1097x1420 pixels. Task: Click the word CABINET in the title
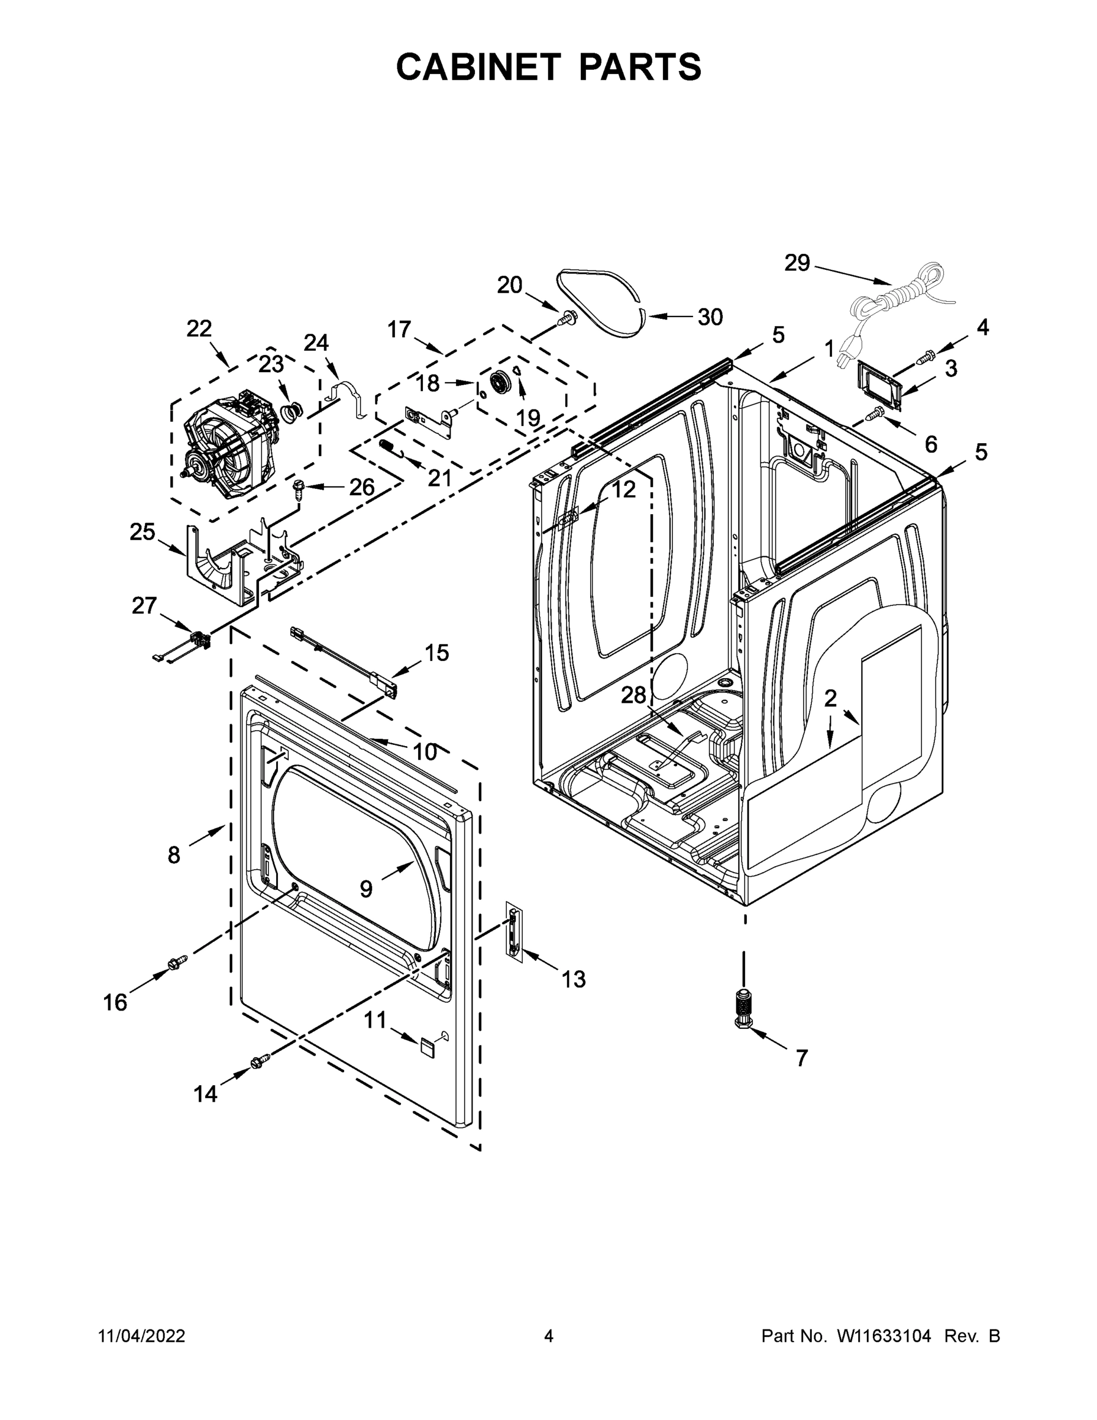pyautogui.click(x=478, y=67)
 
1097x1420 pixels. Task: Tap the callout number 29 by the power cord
pyautogui.click(x=797, y=263)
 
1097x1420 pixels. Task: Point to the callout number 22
pyautogui.click(x=199, y=329)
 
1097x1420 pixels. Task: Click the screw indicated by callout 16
pyautogui.click(x=176, y=962)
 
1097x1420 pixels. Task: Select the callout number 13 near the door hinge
pyautogui.click(x=573, y=979)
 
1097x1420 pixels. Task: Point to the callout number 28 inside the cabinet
pyautogui.click(x=633, y=696)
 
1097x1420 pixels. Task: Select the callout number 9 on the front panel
pyautogui.click(x=366, y=889)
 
